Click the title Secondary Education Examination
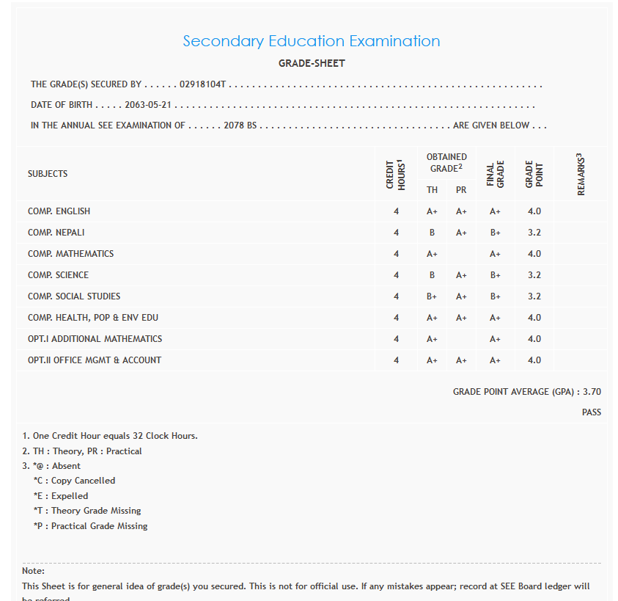point(312,41)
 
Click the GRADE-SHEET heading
point(312,64)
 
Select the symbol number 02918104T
point(202,84)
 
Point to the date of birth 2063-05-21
point(148,105)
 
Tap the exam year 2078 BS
point(240,125)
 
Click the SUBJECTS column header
point(48,174)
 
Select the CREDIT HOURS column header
point(396,175)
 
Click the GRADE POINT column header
point(534,175)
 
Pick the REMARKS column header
point(581,175)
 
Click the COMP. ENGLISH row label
point(59,211)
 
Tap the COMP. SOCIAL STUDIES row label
point(74,296)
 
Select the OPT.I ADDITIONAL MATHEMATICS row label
point(95,339)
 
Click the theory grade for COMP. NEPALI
point(432,233)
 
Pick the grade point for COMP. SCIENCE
point(534,275)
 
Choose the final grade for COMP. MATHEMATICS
point(495,254)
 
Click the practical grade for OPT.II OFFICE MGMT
point(461,360)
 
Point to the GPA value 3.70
point(592,392)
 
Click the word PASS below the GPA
point(592,412)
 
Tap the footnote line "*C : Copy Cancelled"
point(74,481)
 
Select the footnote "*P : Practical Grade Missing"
point(90,526)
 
